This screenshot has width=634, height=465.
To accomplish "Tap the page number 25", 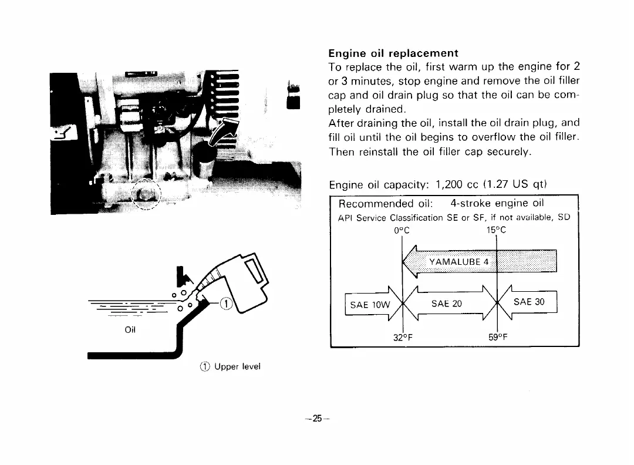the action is (x=317, y=419).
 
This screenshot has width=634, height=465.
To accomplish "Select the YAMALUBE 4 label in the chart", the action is (x=459, y=261).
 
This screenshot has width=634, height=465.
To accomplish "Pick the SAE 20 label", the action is (x=447, y=304).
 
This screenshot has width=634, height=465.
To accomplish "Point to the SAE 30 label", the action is (x=529, y=302).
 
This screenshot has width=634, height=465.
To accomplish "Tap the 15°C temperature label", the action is (x=497, y=230).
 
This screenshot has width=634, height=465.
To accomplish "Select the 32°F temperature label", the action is (x=403, y=338).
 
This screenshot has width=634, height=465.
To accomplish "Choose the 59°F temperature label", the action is (x=497, y=338).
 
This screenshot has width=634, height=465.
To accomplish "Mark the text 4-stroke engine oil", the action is (x=497, y=204).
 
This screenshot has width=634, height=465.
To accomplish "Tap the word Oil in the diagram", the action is (x=130, y=329).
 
